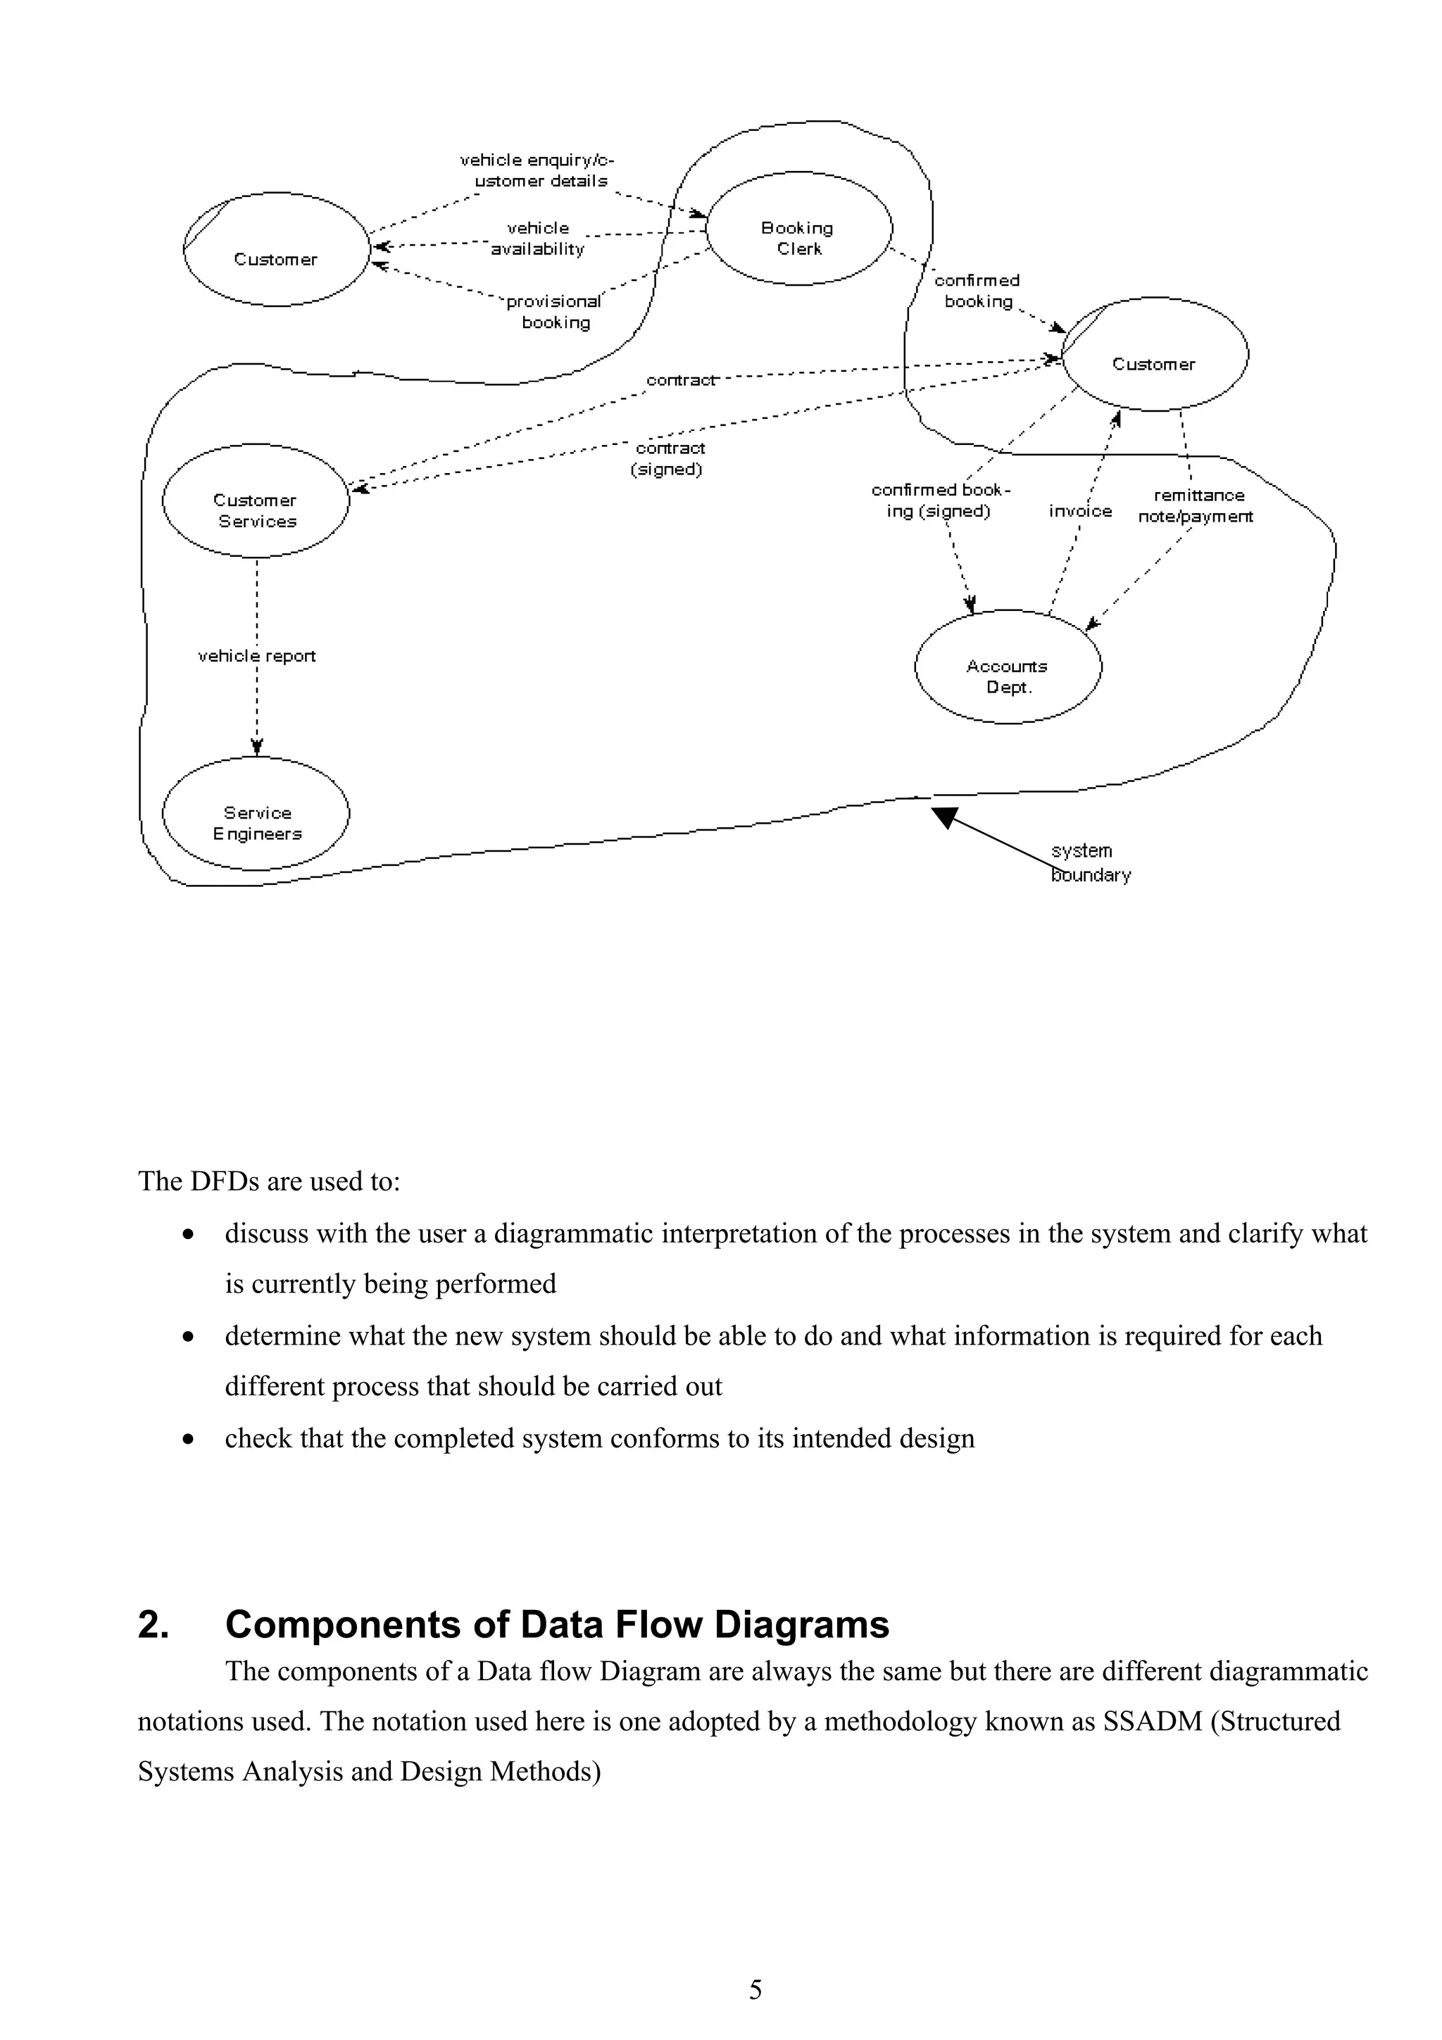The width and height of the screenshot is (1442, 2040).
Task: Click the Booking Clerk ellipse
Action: point(798,228)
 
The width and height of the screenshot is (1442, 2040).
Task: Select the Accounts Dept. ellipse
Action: point(1008,667)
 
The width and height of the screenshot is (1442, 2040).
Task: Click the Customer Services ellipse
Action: point(256,501)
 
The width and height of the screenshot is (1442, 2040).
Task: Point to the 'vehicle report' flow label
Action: point(257,656)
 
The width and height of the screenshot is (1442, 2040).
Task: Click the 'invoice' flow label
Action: point(1079,511)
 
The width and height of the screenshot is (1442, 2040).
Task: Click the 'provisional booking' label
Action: point(554,312)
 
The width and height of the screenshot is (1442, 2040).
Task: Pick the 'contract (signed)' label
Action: point(668,458)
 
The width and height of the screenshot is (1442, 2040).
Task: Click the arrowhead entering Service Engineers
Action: point(257,746)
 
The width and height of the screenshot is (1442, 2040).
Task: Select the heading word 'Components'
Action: point(342,1625)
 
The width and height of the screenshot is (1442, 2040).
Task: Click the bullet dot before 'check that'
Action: point(187,1440)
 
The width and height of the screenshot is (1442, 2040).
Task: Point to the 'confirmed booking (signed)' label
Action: point(940,500)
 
